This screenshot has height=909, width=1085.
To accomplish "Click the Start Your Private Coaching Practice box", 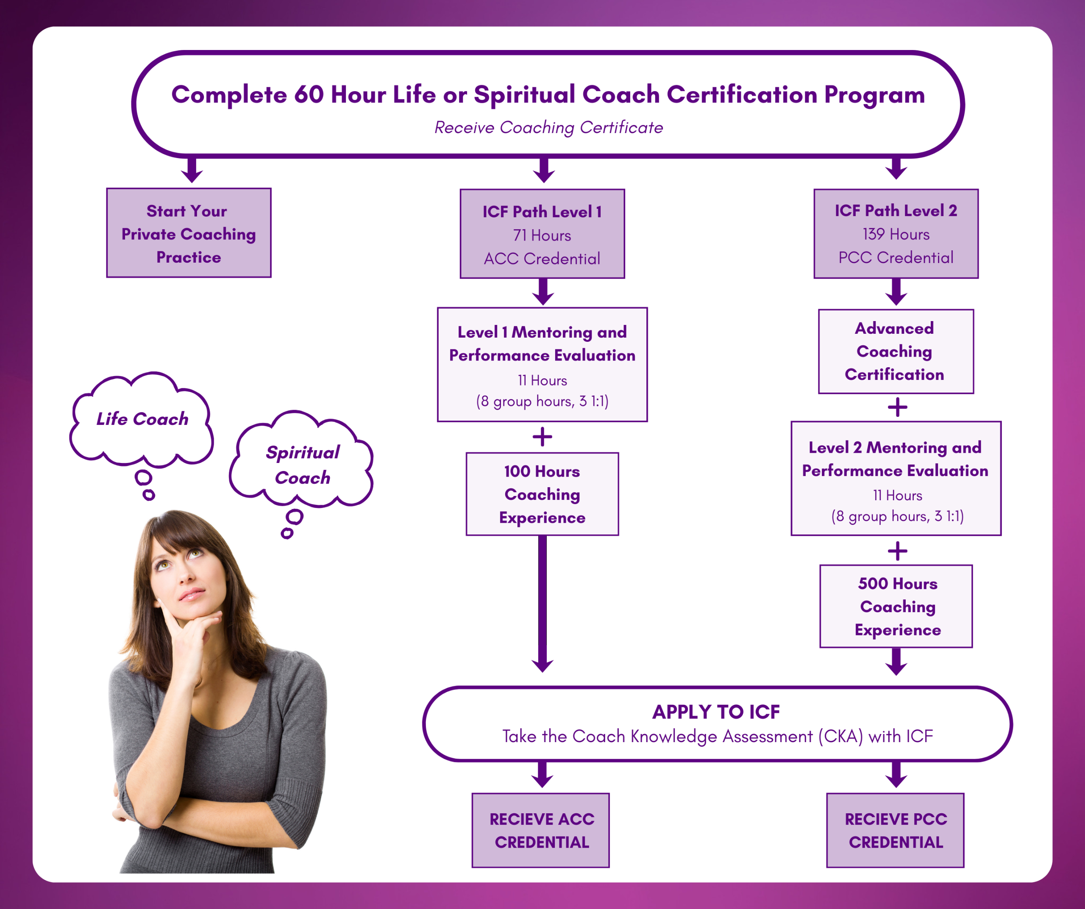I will click(x=189, y=233).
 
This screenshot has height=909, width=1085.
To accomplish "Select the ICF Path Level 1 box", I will click(x=542, y=234).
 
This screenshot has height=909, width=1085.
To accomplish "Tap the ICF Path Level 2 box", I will click(x=896, y=233).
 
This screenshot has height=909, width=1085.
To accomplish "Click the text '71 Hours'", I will click(x=542, y=236).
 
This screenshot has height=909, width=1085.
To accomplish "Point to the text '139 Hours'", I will click(x=896, y=235).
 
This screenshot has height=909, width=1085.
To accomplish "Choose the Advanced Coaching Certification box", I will click(x=896, y=352).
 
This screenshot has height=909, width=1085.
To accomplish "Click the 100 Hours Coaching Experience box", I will click(x=542, y=494).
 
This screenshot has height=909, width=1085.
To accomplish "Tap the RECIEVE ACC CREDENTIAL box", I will click(x=540, y=831).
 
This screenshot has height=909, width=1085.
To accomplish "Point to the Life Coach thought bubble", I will click(x=142, y=419).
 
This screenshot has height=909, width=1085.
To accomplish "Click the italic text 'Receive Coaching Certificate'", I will click(x=548, y=127).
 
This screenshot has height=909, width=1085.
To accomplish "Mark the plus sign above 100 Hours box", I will click(x=542, y=437).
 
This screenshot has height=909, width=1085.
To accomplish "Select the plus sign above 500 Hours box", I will click(x=897, y=551).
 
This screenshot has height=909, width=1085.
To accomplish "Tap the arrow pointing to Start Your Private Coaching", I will click(x=192, y=170).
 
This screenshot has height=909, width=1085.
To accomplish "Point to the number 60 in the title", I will click(x=309, y=95).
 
